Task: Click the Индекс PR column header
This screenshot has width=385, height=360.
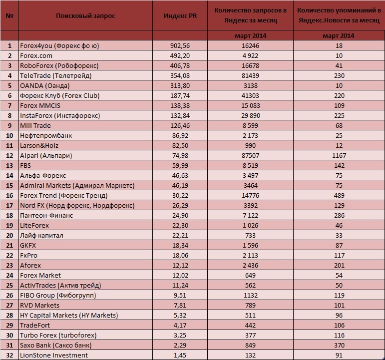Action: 180,15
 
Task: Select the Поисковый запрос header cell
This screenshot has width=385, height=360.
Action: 85,15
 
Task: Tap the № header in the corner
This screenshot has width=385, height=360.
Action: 9,15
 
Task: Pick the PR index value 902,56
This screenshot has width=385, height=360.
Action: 180,45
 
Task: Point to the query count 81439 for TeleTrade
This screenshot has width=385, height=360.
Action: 250,75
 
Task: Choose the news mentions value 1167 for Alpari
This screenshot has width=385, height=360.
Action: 339,155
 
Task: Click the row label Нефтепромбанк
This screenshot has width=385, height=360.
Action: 46,135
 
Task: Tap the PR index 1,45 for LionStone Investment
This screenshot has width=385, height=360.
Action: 180,355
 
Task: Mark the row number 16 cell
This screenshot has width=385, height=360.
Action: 9,195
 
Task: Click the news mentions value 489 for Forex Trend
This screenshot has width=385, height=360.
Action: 339,195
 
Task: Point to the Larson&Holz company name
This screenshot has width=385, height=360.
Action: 39,146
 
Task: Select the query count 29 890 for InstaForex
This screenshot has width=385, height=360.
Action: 250,116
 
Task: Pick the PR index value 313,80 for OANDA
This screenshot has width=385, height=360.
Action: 180,86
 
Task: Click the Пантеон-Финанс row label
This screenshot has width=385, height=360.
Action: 46,215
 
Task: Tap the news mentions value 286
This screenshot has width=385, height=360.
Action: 339,215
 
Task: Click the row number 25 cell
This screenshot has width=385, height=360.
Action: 9,285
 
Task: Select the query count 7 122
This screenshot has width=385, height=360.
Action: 250,215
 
